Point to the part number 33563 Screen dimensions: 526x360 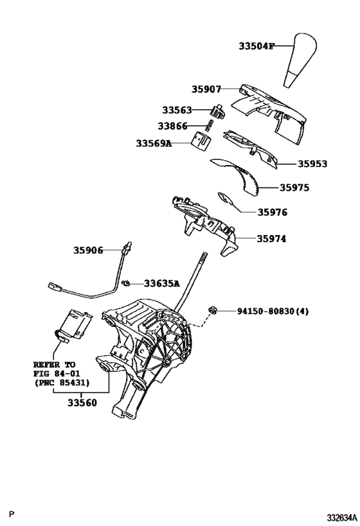(177, 110)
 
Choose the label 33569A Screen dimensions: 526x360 (154, 143)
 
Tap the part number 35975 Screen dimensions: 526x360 (294, 188)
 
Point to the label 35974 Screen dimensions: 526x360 (271, 238)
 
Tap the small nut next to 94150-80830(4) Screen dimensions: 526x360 (212, 311)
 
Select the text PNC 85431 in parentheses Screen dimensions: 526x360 (62, 383)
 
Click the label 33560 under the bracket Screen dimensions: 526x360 (82, 403)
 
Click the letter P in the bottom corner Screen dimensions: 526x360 (11, 515)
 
